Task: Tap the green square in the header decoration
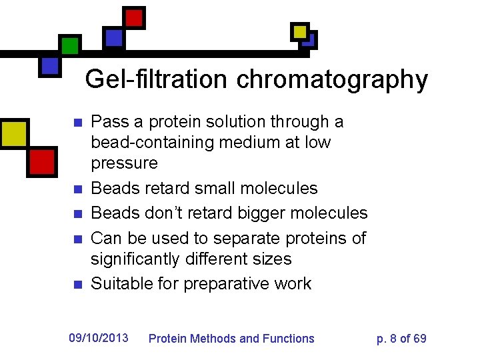tap(69, 45)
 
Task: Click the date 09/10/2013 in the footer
tap(99, 338)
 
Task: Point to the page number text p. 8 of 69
tap(401, 339)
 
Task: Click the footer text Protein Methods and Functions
tap(231, 339)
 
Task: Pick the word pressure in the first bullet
tap(124, 163)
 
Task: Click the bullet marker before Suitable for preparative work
tap(77, 285)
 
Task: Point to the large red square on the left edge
tap(41, 161)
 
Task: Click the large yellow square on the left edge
tap(13, 133)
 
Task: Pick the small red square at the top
tap(135, 17)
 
